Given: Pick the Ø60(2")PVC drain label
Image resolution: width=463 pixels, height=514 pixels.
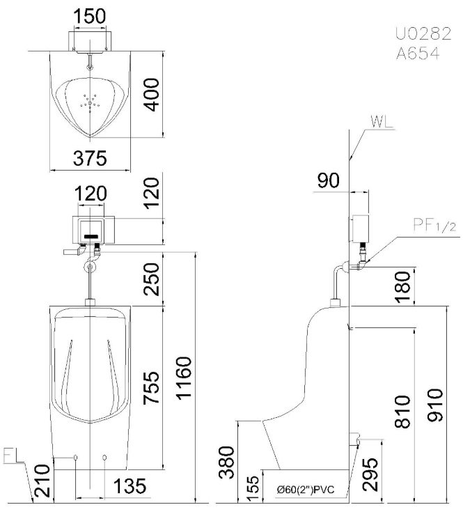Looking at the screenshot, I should (x=305, y=490).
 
